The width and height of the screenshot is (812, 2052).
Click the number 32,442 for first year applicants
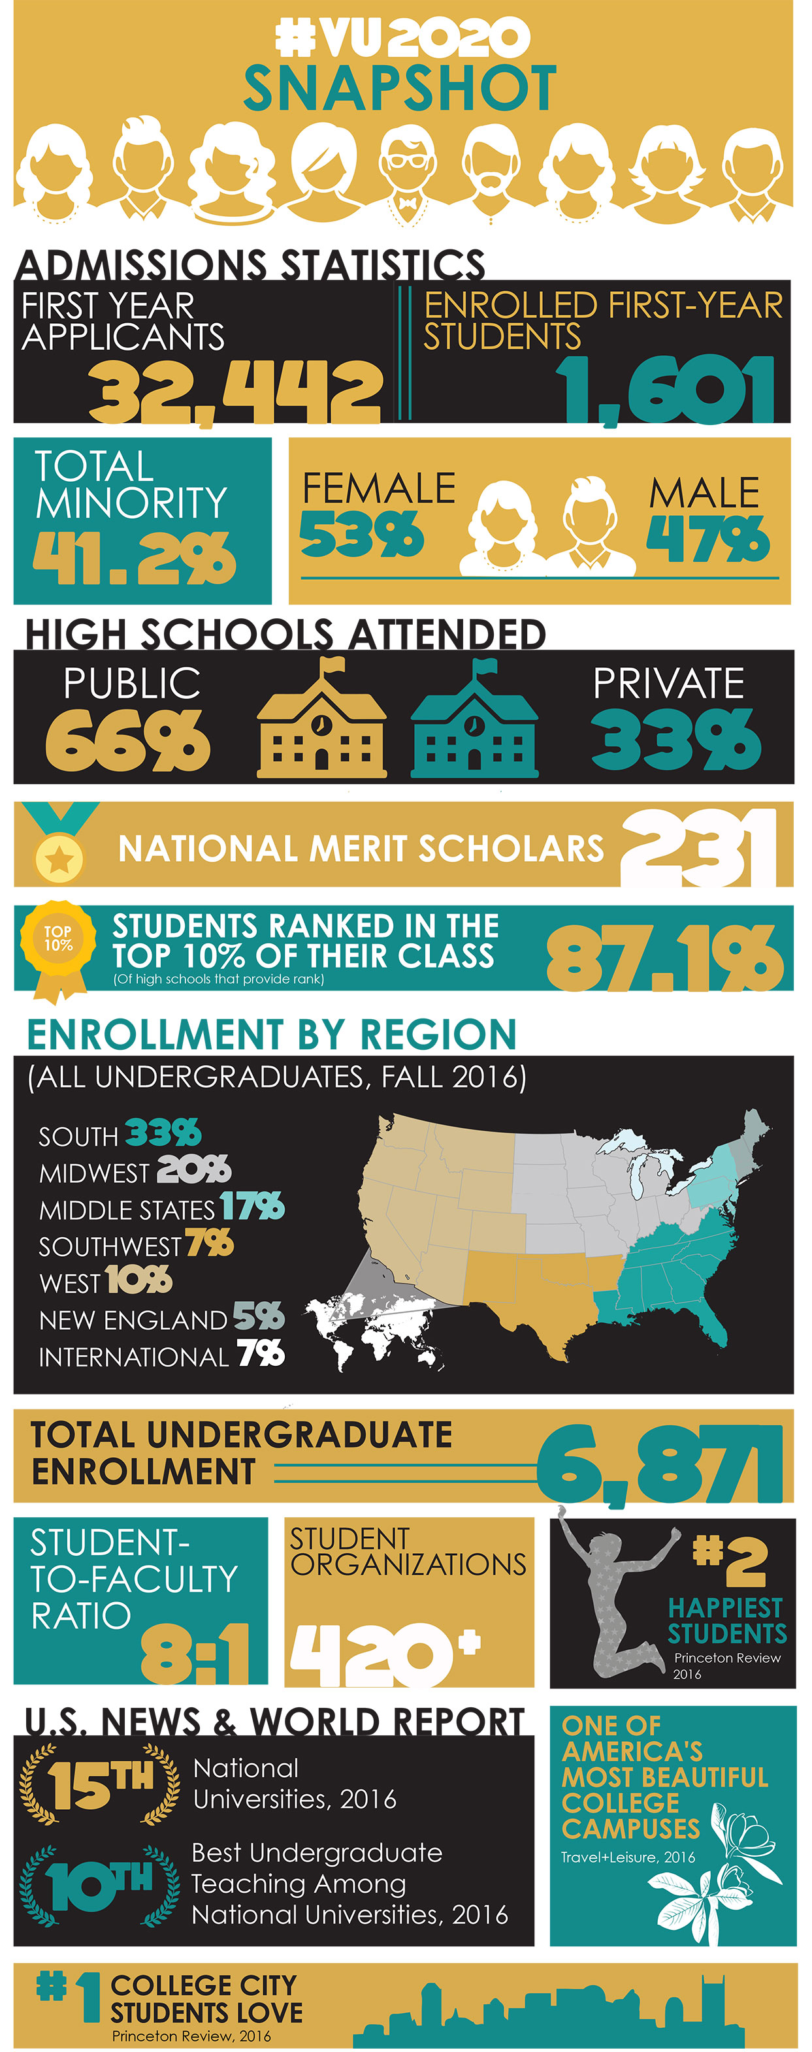(235, 391)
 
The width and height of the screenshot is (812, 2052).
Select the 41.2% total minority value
(134, 558)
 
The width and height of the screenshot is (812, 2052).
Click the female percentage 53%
(361, 533)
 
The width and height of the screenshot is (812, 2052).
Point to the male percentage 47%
(707, 538)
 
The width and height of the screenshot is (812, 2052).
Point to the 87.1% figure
(664, 956)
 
